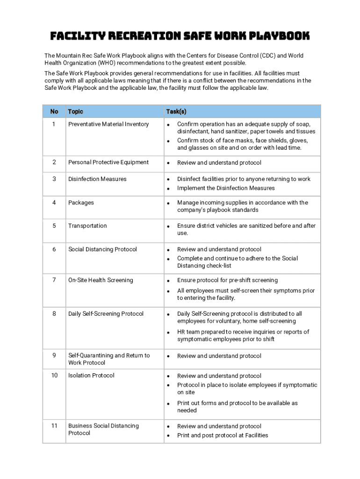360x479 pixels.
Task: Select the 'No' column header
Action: pyautogui.click(x=54, y=111)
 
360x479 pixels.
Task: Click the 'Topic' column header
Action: pyautogui.click(x=76, y=111)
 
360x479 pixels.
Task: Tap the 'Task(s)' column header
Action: pyautogui.click(x=176, y=111)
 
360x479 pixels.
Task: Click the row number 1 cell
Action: pyautogui.click(x=54, y=124)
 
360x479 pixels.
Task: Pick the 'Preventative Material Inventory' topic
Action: pyautogui.click(x=108, y=124)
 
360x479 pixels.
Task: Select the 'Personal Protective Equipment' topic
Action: pyautogui.click(x=108, y=162)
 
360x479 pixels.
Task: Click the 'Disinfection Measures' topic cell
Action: pyautogui.click(x=97, y=179)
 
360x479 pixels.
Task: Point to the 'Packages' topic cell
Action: pyautogui.click(x=81, y=203)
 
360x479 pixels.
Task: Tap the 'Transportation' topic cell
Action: pyautogui.click(x=87, y=225)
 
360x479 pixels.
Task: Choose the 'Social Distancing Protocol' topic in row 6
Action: pyautogui.click(x=102, y=249)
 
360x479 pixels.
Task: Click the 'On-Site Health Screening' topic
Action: pyautogui.click(x=101, y=280)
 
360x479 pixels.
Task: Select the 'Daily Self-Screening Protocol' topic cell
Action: pyautogui.click(x=106, y=314)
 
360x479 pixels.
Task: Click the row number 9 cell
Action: pyautogui.click(x=54, y=356)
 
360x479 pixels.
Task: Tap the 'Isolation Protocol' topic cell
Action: pyautogui.click(x=91, y=376)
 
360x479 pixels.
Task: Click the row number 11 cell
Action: pyautogui.click(x=54, y=426)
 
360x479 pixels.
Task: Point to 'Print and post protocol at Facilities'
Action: pyautogui.click(x=223, y=435)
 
